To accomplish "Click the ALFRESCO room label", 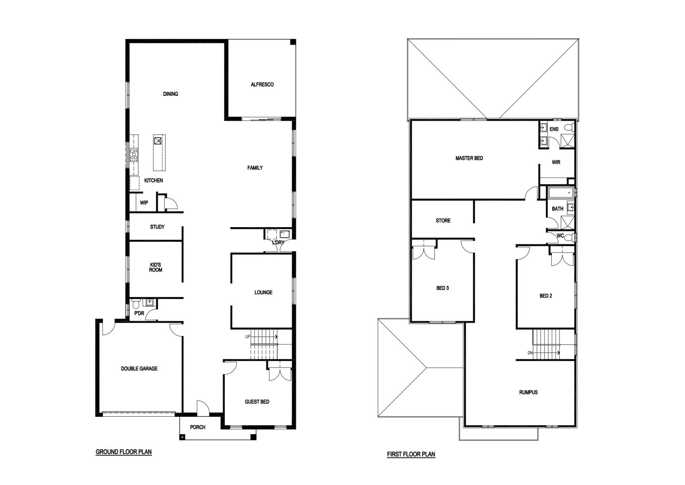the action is pyautogui.click(x=262, y=84).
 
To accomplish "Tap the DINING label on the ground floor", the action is pyautogui.click(x=170, y=94).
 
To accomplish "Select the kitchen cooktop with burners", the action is pyautogui.click(x=134, y=155).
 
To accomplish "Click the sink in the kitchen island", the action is pyautogui.click(x=158, y=141).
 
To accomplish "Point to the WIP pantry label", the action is pyautogui.click(x=144, y=203).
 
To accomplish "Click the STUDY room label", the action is pyautogui.click(x=157, y=227).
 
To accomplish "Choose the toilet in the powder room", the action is pyautogui.click(x=136, y=304).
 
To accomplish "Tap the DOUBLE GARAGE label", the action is pyautogui.click(x=139, y=369).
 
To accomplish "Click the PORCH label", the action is pyautogui.click(x=198, y=427).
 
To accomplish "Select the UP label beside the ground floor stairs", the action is pyautogui.click(x=248, y=336).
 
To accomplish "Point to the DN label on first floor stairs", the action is pyautogui.click(x=530, y=353).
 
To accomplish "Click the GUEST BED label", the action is pyautogui.click(x=257, y=402).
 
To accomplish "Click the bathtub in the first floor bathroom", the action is pyautogui.click(x=560, y=193).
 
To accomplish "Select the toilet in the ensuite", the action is pyautogui.click(x=569, y=127).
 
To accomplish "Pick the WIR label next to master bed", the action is pyautogui.click(x=556, y=162).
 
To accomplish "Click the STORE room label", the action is pyautogui.click(x=443, y=220).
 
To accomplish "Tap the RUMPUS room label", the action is pyautogui.click(x=528, y=392).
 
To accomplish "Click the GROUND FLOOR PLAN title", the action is pyautogui.click(x=124, y=452).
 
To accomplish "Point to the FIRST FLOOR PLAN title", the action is pyautogui.click(x=411, y=454).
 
